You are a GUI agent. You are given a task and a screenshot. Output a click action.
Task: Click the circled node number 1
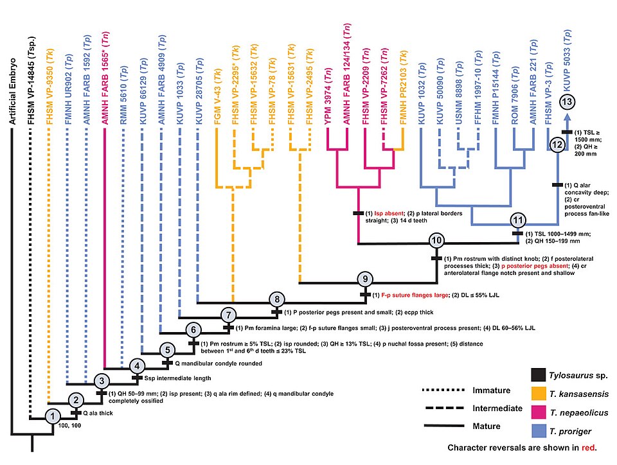(53, 416)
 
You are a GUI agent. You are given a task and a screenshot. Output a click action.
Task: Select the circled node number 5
(168, 350)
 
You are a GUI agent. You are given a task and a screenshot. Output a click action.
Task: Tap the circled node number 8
(277, 299)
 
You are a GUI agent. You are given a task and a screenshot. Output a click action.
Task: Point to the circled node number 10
(437, 240)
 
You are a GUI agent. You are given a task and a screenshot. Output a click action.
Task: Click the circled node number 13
(567, 102)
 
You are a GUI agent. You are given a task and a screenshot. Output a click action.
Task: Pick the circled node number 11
(518, 220)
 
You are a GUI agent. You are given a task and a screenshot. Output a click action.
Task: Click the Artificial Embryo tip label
(13, 92)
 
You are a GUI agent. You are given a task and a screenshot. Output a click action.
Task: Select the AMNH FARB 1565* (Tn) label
(105, 78)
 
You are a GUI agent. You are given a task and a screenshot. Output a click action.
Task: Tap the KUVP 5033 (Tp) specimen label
(567, 60)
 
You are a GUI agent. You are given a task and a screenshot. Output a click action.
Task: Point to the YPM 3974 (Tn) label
(328, 96)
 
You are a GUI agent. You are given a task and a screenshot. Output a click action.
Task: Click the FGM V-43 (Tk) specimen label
(218, 97)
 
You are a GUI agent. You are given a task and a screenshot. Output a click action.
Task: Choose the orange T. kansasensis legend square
(539, 393)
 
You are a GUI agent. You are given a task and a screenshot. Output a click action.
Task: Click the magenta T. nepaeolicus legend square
(539, 412)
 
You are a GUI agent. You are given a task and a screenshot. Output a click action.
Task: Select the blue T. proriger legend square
(539, 431)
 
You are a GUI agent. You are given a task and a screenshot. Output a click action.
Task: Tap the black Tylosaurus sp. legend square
(539, 375)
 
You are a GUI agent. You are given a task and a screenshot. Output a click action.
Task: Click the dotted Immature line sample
(443, 390)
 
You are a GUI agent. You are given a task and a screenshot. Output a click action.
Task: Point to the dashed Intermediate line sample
(444, 408)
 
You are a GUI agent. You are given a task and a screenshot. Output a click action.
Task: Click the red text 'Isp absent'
(389, 213)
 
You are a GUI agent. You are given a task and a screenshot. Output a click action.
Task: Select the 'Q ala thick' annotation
(98, 413)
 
